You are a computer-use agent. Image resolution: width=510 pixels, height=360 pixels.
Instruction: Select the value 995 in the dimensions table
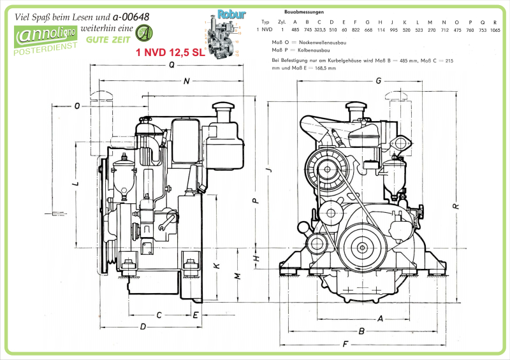(393, 29)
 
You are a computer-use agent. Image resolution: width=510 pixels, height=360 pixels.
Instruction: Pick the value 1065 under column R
(495, 29)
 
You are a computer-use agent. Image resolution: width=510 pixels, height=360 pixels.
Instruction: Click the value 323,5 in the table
(320, 29)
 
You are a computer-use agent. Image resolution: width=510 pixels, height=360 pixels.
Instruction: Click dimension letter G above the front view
(378, 81)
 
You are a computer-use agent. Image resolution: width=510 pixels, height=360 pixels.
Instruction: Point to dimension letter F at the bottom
(345, 344)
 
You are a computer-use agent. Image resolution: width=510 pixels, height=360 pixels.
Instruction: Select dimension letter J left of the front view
(268, 169)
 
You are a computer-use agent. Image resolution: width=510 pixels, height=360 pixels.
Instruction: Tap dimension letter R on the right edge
(455, 206)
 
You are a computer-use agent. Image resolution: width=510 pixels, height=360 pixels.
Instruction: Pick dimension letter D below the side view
(143, 327)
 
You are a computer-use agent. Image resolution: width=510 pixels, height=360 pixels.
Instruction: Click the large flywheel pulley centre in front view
(362, 247)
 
